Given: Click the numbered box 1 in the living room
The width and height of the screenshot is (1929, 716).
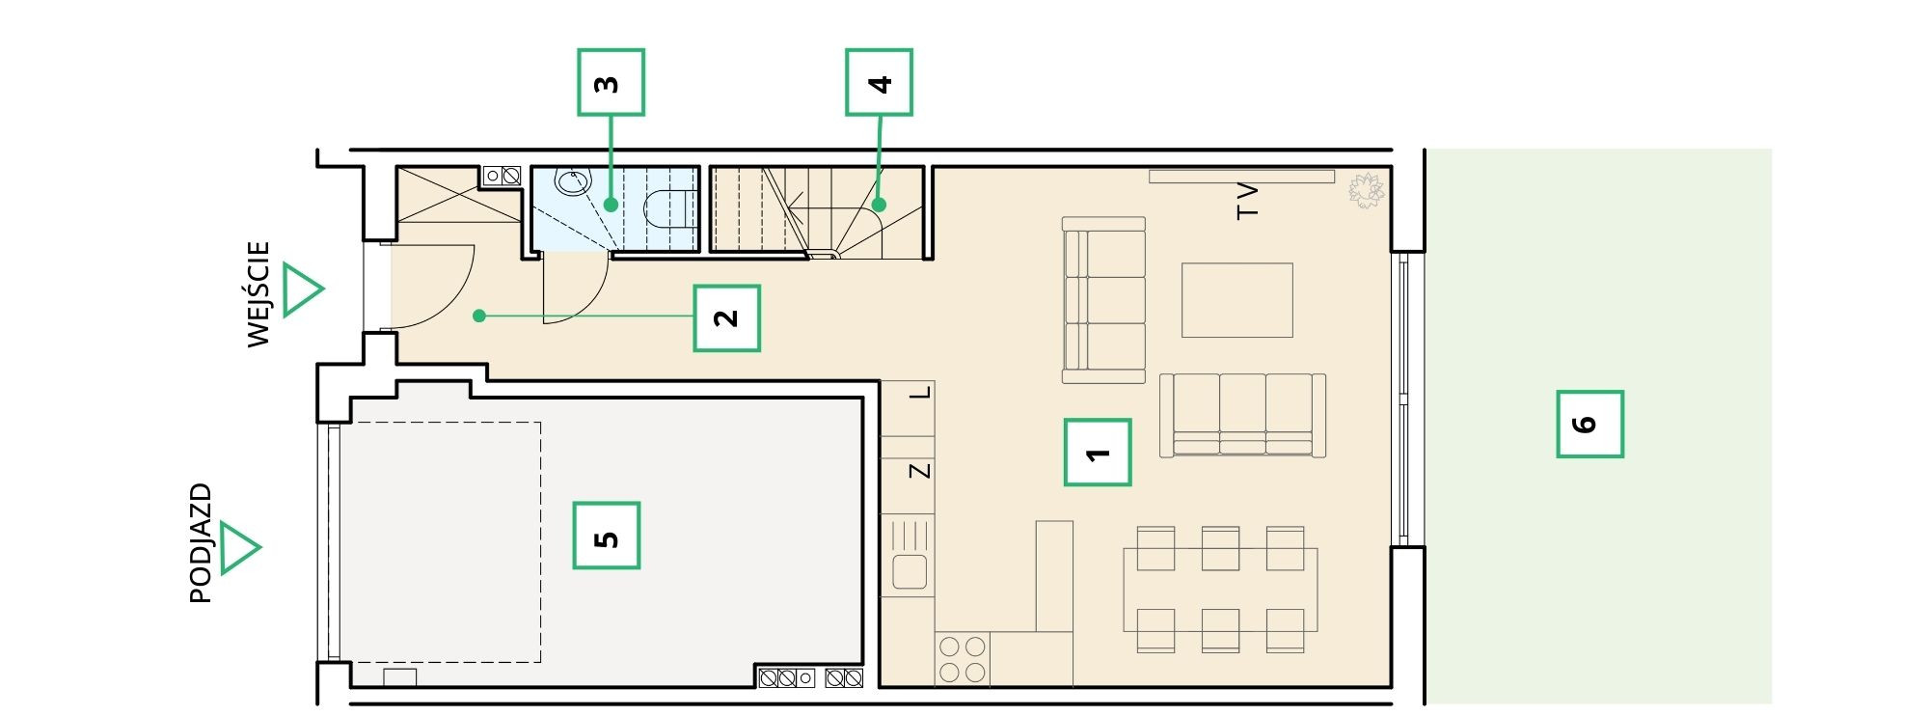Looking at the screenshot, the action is (1098, 452).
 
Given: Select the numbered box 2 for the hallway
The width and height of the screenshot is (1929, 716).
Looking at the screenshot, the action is (727, 317).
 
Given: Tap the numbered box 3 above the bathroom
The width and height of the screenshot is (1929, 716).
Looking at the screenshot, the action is (611, 83).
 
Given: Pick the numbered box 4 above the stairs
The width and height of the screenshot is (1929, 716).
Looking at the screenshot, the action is (879, 83).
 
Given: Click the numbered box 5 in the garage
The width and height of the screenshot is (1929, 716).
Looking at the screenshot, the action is (607, 536).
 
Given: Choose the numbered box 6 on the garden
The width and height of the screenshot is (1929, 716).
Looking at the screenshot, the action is (1590, 424).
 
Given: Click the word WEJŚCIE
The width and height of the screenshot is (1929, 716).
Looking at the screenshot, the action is (258, 294).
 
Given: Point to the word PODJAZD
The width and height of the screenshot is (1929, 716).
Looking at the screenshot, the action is (201, 543).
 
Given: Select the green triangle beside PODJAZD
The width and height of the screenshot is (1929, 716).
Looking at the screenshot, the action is (239, 548).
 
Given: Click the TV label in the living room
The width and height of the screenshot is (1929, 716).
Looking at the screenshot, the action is (1248, 201).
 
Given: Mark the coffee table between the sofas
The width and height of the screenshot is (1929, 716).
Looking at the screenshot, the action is (1237, 300).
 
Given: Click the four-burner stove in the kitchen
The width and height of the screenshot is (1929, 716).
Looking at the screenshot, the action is (963, 659).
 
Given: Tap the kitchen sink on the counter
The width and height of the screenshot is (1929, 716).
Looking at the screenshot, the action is (909, 571).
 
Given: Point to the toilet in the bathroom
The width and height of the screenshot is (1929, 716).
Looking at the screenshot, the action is (670, 207).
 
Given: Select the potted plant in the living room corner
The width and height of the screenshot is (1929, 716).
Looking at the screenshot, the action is (1366, 190).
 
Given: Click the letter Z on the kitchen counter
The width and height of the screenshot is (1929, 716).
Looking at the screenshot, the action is (921, 470).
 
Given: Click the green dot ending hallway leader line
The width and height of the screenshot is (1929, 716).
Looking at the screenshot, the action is (478, 316).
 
